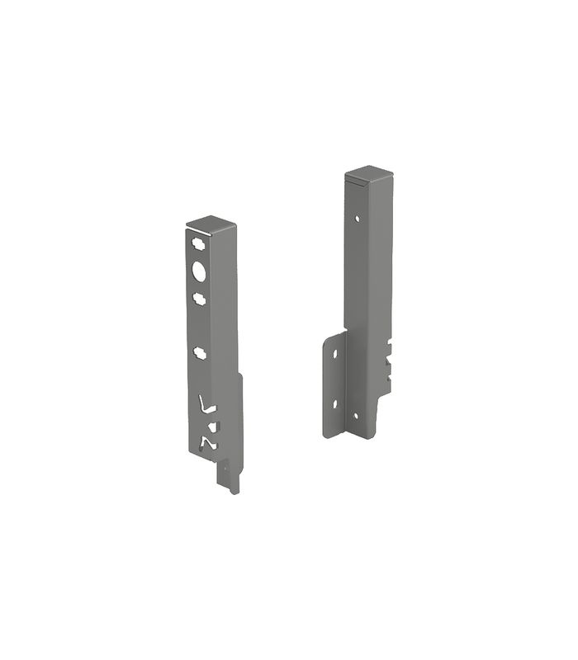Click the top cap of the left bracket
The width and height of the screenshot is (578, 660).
pyautogui.click(x=212, y=225)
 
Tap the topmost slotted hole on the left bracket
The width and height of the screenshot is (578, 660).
pyautogui.click(x=198, y=245)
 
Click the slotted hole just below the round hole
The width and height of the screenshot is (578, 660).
pyautogui.click(x=199, y=295)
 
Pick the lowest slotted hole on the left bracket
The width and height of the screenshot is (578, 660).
pyautogui.click(x=200, y=352)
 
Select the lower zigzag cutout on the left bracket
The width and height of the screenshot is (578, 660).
pyautogui.click(x=207, y=444)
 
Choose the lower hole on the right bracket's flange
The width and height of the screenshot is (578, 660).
pyautogui.click(x=335, y=403)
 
